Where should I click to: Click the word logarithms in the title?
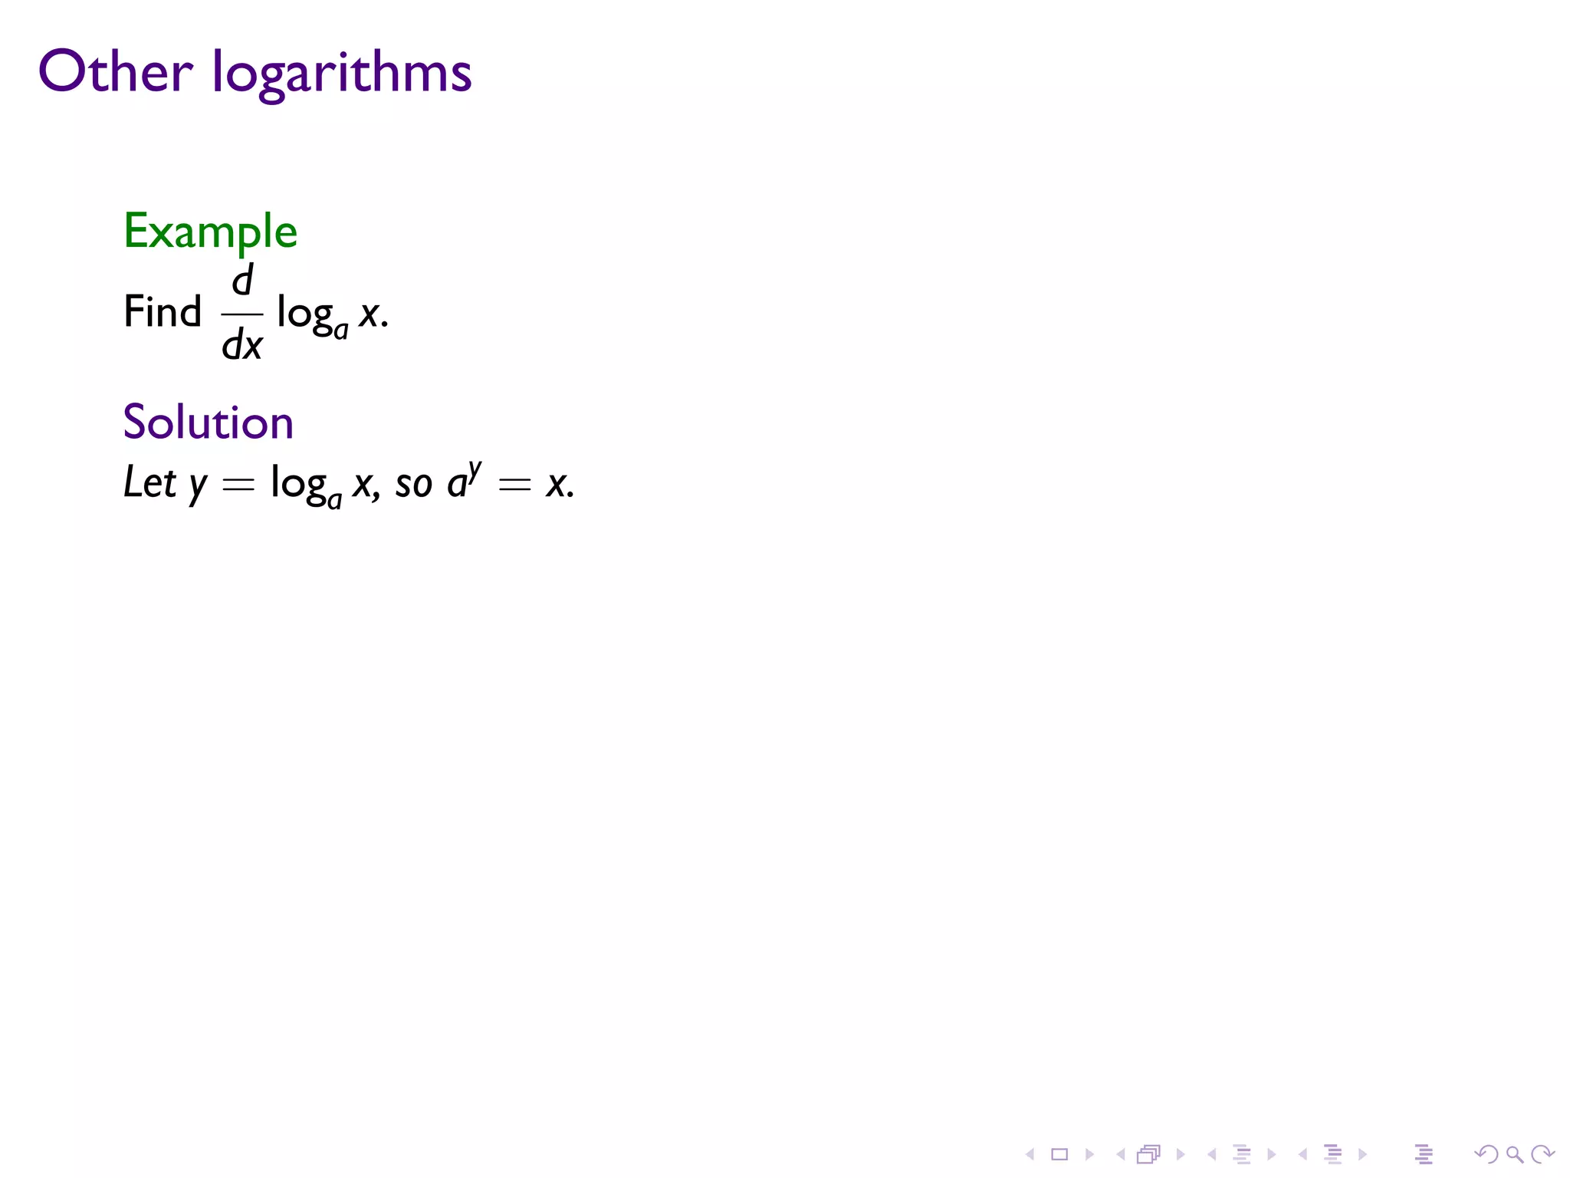coord(342,75)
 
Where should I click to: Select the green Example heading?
coord(210,232)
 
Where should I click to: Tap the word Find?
coord(163,312)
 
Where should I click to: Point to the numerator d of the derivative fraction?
coord(242,280)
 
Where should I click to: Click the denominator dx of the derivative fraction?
coord(242,345)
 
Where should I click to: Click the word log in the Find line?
coord(304,314)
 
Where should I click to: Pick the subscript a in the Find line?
coord(341,331)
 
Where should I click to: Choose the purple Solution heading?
coord(208,423)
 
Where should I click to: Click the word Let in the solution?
coord(149,483)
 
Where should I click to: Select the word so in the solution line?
coord(413,485)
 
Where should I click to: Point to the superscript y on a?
coord(475,470)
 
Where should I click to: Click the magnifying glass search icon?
coord(1514,1154)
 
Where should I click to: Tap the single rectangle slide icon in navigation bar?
coord(1059,1154)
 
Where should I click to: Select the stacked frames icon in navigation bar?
coord(1148,1154)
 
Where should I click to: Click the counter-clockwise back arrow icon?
coord(1486,1154)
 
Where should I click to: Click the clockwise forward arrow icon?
coord(1542,1154)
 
